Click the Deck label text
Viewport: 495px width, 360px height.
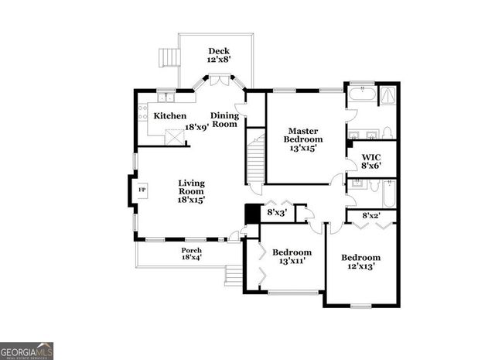(217, 51)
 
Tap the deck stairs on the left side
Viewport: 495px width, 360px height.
(167, 58)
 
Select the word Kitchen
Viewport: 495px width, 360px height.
(169, 116)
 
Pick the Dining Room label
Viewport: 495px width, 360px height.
(224, 119)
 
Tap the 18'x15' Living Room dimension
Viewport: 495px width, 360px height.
(190, 200)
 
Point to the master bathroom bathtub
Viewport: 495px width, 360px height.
(362, 96)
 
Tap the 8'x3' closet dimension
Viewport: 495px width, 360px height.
(276, 211)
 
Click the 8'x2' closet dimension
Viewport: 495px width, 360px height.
(372, 214)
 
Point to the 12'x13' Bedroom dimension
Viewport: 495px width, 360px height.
(361, 266)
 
